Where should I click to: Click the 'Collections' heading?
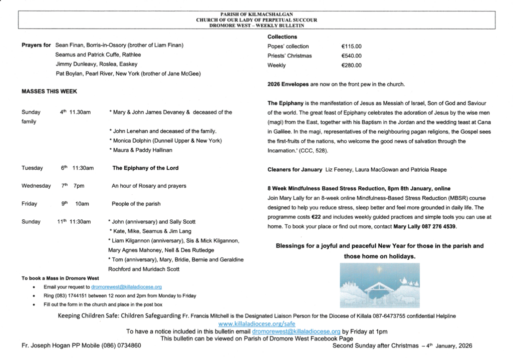pos(282,37)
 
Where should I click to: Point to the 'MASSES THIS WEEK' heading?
pos(49,92)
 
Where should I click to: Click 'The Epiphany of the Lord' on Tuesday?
pos(145,168)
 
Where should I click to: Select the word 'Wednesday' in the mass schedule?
pos(36,186)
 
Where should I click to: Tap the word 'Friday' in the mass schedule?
pos(29,204)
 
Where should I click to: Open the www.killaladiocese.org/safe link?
pos(257,324)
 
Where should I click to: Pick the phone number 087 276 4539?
pos(439,227)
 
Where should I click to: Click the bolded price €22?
pos(316,217)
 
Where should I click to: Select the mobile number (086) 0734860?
pos(121,346)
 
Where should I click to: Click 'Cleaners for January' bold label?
pos(295,170)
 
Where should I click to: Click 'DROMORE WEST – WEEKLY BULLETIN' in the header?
pos(256,25)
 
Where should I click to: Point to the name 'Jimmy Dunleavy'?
pos(75,64)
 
